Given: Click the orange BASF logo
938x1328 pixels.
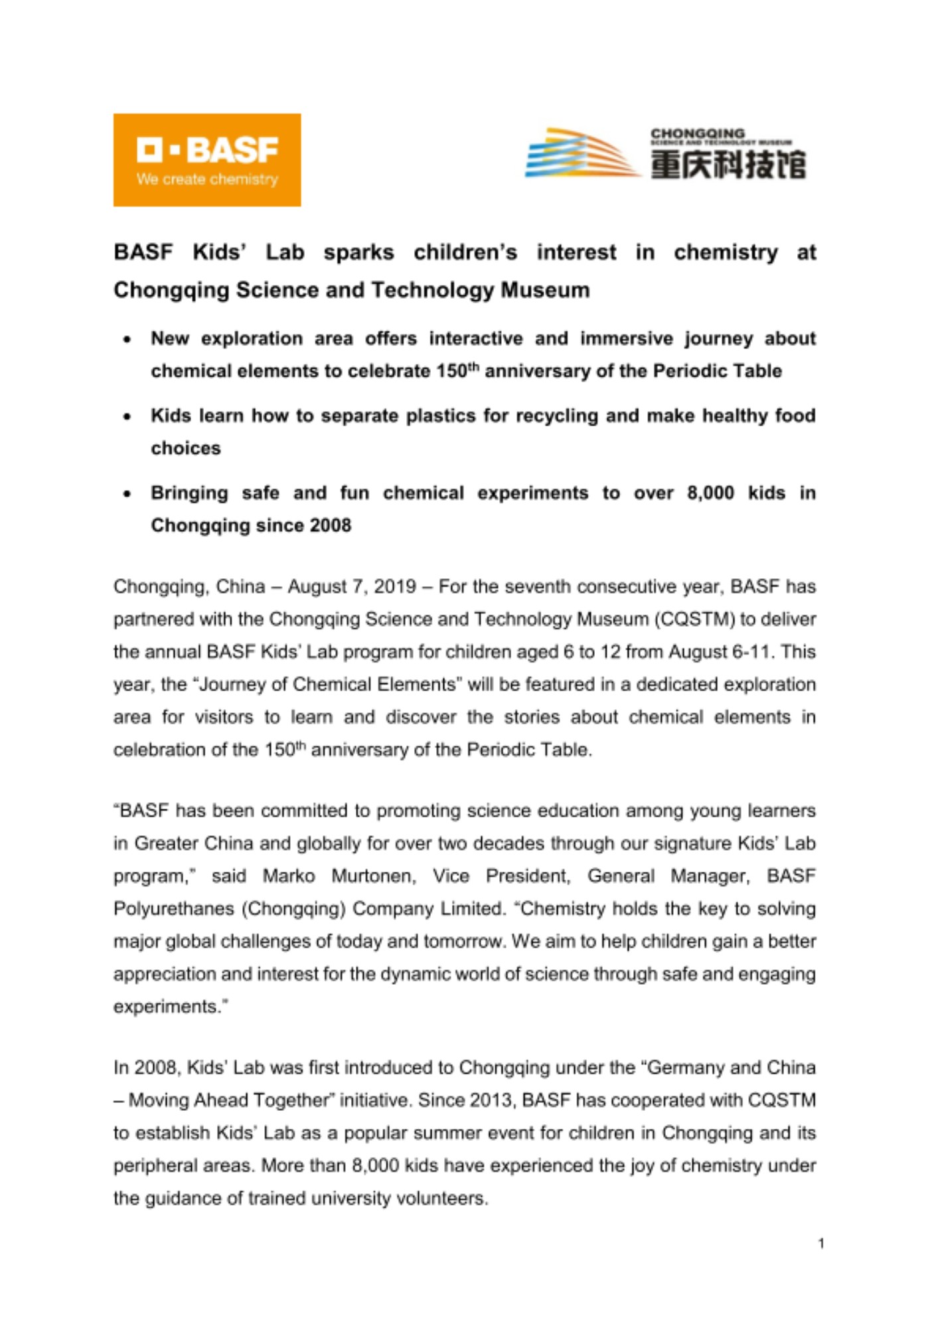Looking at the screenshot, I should pyautogui.click(x=206, y=159).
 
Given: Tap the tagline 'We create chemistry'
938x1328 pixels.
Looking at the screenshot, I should pyautogui.click(x=207, y=179).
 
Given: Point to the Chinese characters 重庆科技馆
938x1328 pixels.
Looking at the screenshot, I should pyautogui.click(x=728, y=164).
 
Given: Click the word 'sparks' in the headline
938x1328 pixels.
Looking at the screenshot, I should pyautogui.click(x=358, y=253).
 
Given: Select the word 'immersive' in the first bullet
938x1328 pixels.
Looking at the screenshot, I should pyautogui.click(x=626, y=339).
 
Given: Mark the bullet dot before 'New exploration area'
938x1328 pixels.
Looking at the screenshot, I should pyautogui.click(x=127, y=339).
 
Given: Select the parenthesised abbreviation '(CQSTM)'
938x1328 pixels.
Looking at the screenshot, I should pyautogui.click(x=694, y=620).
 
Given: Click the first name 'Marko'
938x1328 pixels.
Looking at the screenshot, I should pyautogui.click(x=289, y=876).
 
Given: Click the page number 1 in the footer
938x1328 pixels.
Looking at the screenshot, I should pyautogui.click(x=821, y=1244).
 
